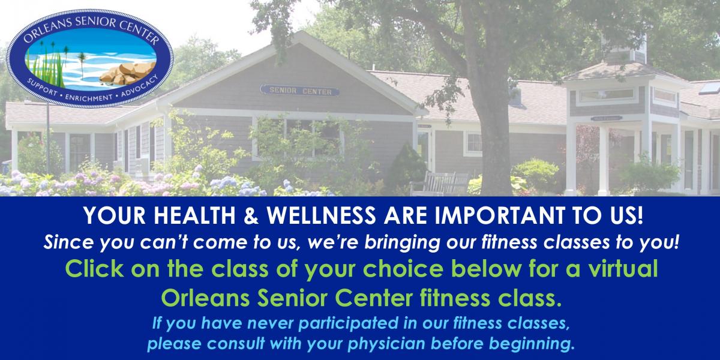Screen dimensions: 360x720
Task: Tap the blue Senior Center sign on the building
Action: click(x=299, y=91)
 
